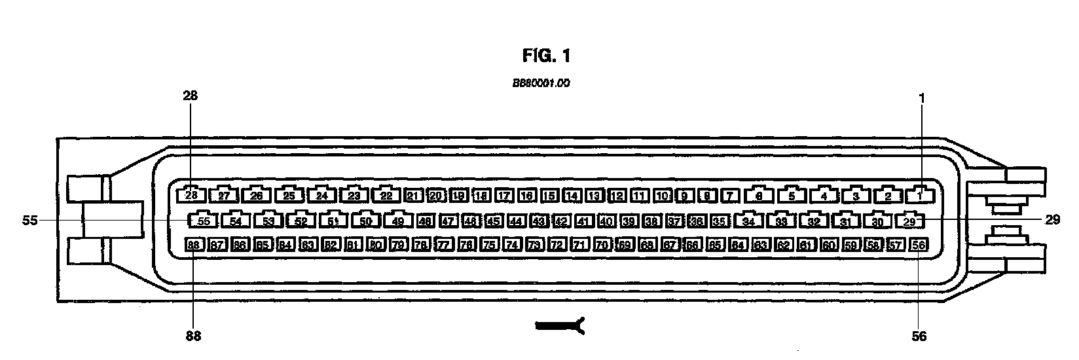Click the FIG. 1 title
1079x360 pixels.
pos(547,56)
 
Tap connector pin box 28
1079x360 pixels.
pos(191,195)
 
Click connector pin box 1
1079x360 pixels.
pos(920,195)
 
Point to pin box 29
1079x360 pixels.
pos(909,221)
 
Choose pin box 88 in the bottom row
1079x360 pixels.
pos(194,245)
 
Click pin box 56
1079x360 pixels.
pos(919,245)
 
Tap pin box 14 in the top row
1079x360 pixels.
pos(572,195)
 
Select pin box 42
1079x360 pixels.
pos(561,221)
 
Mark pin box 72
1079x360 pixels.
pos(557,245)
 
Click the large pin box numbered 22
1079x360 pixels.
pos(386,195)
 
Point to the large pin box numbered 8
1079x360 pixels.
pos(759,195)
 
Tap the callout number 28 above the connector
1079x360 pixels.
pos(191,96)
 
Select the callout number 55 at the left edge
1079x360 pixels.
pos(29,221)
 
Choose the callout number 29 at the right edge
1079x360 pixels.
pos(1052,221)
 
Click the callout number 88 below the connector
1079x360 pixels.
pos(193,336)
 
